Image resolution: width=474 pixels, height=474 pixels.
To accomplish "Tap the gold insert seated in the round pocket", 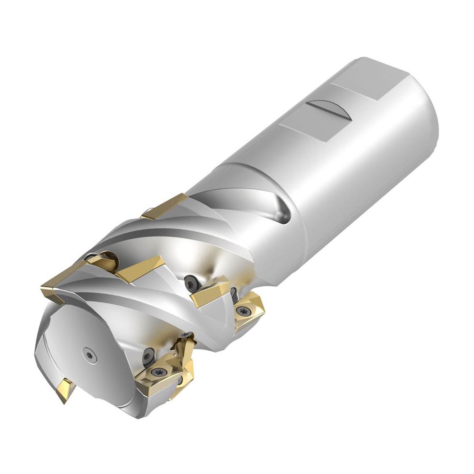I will pyautogui.click(x=101, y=261).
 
